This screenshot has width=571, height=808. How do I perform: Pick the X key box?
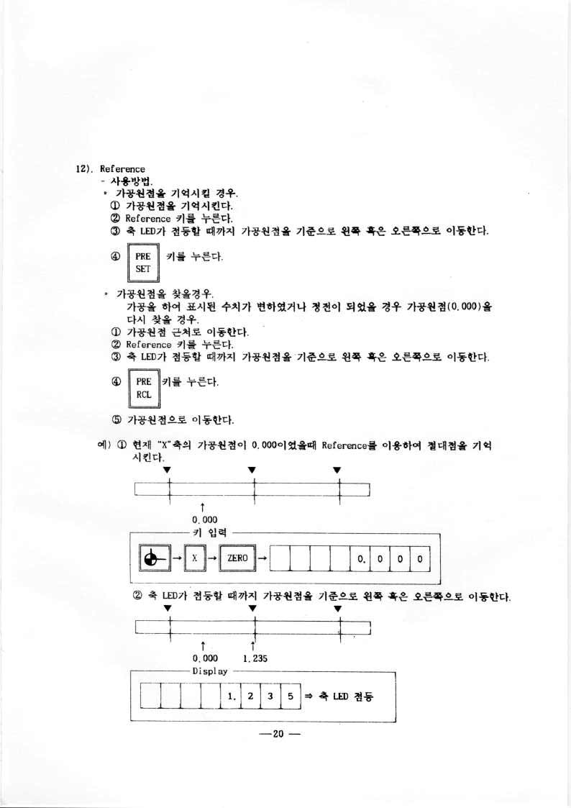pyautogui.click(x=195, y=558)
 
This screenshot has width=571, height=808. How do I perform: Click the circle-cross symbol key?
pyautogui.click(x=150, y=558)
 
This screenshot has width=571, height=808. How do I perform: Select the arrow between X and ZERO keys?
pyautogui.click(x=214, y=558)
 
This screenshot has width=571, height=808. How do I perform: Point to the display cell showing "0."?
pyautogui.click(x=360, y=558)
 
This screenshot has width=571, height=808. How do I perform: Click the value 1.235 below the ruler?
pyautogui.click(x=255, y=658)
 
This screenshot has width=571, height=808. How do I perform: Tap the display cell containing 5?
pyautogui.click(x=288, y=697)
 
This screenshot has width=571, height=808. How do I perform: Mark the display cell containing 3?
pyautogui.click(x=270, y=697)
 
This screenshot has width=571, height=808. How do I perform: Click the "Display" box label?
pyautogui.click(x=209, y=671)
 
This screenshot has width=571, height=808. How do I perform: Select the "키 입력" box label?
pyautogui.click(x=208, y=532)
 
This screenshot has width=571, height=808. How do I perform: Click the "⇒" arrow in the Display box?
pyautogui.click(x=306, y=697)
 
